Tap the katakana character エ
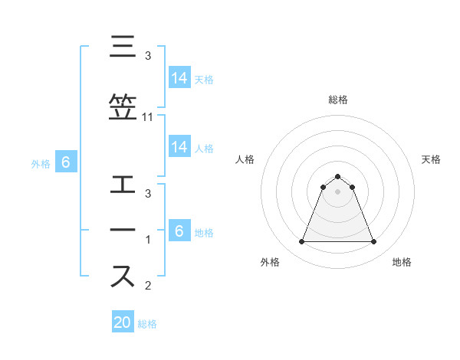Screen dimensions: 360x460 click(x=124, y=186)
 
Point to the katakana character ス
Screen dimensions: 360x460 click(x=124, y=275)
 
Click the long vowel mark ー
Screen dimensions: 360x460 click(x=124, y=231)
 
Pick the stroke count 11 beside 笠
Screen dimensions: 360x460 click(x=148, y=117)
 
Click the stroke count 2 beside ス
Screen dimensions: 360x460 click(x=148, y=286)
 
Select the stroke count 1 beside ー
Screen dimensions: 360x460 click(x=148, y=241)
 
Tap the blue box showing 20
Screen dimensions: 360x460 click(x=123, y=322)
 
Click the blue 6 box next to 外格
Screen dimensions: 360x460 click(x=65, y=162)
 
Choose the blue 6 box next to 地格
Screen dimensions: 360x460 click(x=179, y=231)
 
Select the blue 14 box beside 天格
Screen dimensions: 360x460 click(x=179, y=77)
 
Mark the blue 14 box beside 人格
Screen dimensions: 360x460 click(x=179, y=147)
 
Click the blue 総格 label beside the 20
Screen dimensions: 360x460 click(x=147, y=324)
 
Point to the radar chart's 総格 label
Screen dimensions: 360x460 click(x=337, y=100)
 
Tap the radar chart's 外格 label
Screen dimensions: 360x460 click(x=270, y=262)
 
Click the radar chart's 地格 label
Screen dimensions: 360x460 click(x=402, y=262)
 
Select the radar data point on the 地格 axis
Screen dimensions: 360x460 click(x=373, y=242)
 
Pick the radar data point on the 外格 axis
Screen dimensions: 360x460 click(x=301, y=242)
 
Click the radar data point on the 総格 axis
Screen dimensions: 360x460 click(x=337, y=176)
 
